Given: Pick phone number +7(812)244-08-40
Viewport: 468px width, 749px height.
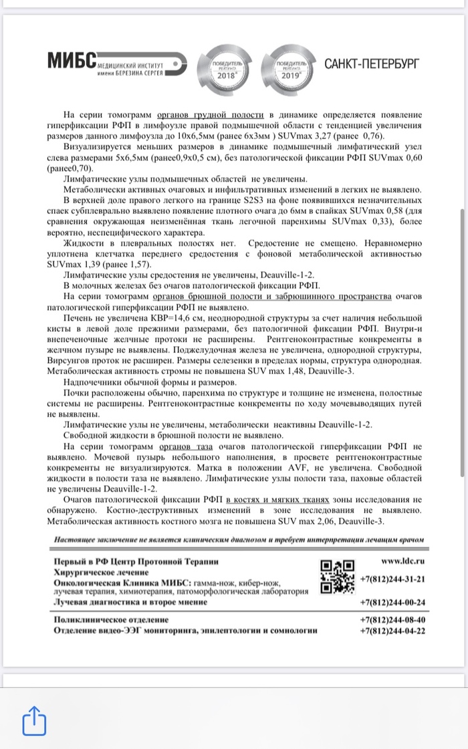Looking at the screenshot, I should tap(392, 619).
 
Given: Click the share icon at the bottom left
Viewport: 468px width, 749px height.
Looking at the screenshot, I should tap(33, 720).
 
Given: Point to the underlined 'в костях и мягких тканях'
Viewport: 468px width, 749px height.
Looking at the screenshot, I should tap(278, 498).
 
